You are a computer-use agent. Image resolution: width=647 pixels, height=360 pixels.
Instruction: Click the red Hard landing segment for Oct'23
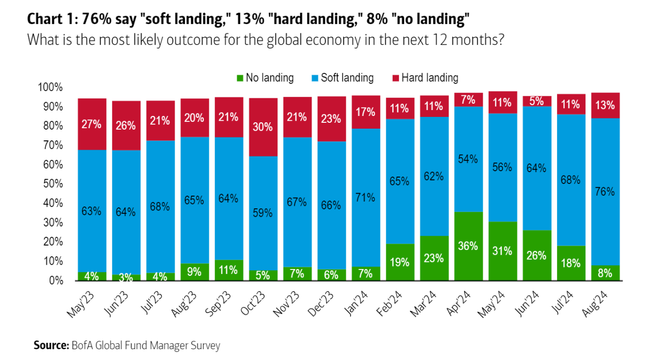tap(263, 127)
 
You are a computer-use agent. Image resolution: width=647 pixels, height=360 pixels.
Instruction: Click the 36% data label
tap(468, 246)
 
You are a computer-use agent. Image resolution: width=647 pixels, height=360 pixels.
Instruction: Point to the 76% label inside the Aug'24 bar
tap(604, 192)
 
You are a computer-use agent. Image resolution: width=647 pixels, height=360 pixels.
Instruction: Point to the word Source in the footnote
tap(51, 345)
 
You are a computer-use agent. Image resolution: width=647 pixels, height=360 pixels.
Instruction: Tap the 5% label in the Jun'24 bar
tap(536, 102)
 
